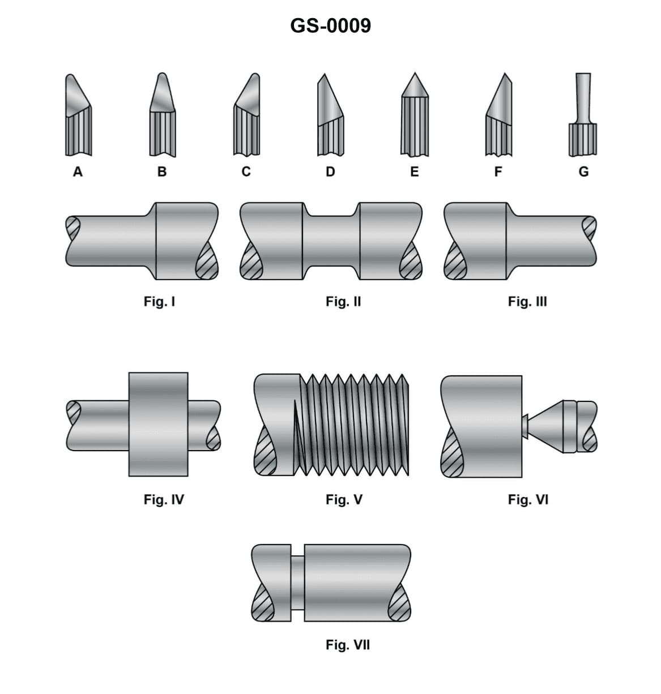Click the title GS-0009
330,25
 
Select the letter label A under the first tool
78,172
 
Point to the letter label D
330,172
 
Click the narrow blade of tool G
583,96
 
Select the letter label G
583,172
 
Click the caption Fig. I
159,301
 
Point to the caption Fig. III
527,301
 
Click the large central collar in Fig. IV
159,424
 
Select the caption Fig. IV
164,499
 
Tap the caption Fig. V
344,499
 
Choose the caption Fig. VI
528,499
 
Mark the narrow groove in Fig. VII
297,583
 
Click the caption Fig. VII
347,645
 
